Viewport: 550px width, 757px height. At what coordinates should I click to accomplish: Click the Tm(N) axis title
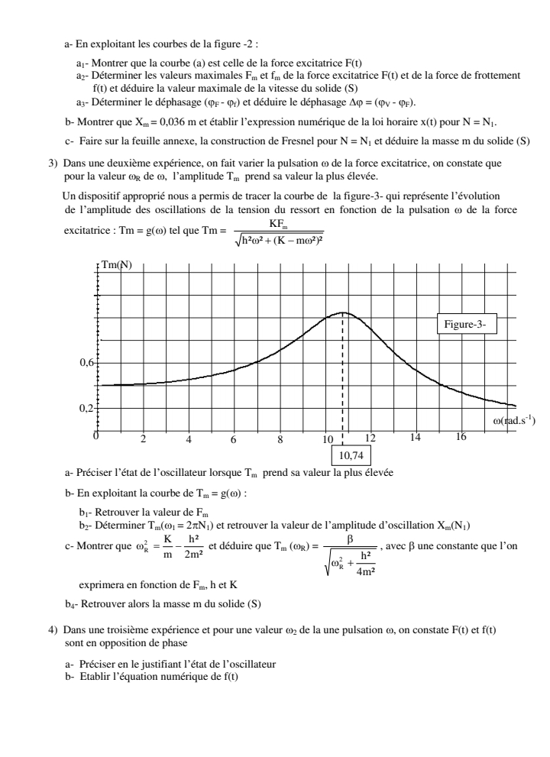coord(115,266)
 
